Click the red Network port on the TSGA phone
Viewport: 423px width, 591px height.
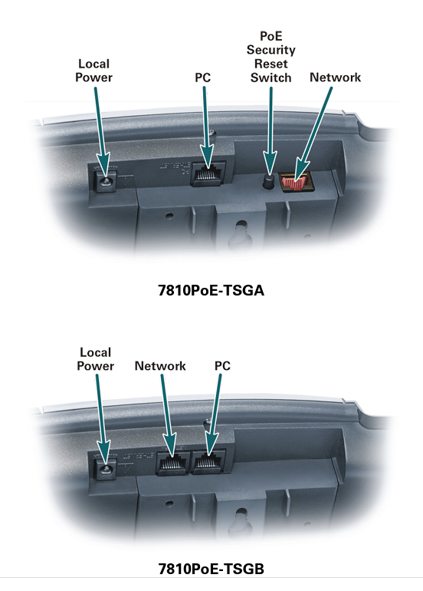[296, 181]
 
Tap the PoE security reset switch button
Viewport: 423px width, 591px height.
[267, 182]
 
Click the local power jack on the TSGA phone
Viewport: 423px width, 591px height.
[105, 180]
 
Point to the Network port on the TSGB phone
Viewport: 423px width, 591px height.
[172, 462]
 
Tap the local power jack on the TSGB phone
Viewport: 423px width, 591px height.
[105, 467]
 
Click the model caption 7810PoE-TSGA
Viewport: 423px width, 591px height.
[211, 291]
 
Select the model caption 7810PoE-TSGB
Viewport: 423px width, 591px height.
[211, 569]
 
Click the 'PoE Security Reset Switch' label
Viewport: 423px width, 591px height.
[271, 57]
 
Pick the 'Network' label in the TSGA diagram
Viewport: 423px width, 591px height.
[336, 78]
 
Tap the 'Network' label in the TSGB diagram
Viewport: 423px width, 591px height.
[160, 365]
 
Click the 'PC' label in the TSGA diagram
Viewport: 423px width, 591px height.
[203, 78]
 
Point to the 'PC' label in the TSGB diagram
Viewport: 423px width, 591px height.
[222, 365]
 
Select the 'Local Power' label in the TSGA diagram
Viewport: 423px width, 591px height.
[93, 71]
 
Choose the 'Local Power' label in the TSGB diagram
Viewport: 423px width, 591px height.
[95, 359]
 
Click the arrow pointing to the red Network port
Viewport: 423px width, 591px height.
[313, 134]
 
